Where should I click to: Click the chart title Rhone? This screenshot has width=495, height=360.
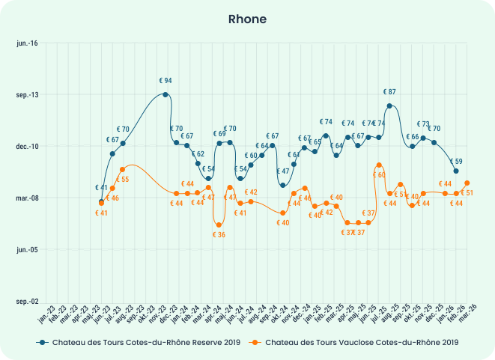247,19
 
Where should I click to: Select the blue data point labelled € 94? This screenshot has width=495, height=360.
165,94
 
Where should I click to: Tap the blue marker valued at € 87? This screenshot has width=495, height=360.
389,106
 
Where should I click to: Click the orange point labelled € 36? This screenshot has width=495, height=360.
219,225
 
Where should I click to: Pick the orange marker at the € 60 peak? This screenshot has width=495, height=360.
380,165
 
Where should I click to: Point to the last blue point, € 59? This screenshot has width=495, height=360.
456,171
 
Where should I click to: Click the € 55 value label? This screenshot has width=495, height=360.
122,180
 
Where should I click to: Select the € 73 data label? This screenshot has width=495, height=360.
423,124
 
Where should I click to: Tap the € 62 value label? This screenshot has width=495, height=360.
198,154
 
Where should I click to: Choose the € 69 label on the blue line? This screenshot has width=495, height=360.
219,134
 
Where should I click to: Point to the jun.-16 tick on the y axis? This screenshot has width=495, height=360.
28,43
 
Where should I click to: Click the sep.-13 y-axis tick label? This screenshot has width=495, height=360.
28,95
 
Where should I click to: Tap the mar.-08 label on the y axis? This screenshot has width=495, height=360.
28,198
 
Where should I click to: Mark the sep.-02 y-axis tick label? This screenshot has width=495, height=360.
28,301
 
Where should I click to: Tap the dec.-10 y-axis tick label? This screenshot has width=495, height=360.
28,147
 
